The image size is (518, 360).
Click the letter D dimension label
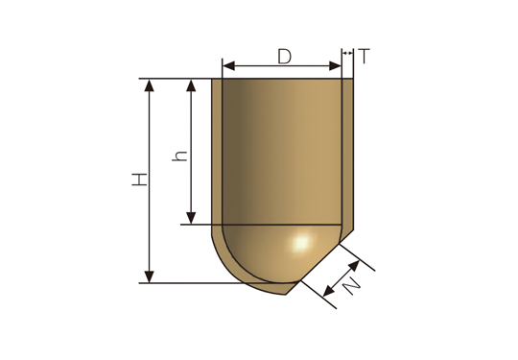[x=285, y=57]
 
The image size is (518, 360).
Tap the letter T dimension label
[x=364, y=56]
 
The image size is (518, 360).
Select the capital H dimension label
[x=139, y=180]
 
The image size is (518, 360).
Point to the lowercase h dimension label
[x=179, y=156]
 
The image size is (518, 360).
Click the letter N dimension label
[x=351, y=286]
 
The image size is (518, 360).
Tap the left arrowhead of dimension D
[x=228, y=66]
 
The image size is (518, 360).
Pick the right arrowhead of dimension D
[x=335, y=66]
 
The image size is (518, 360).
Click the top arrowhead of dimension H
[x=150, y=85]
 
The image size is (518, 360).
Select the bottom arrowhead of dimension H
[x=150, y=276]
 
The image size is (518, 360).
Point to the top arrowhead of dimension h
[x=191, y=85]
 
